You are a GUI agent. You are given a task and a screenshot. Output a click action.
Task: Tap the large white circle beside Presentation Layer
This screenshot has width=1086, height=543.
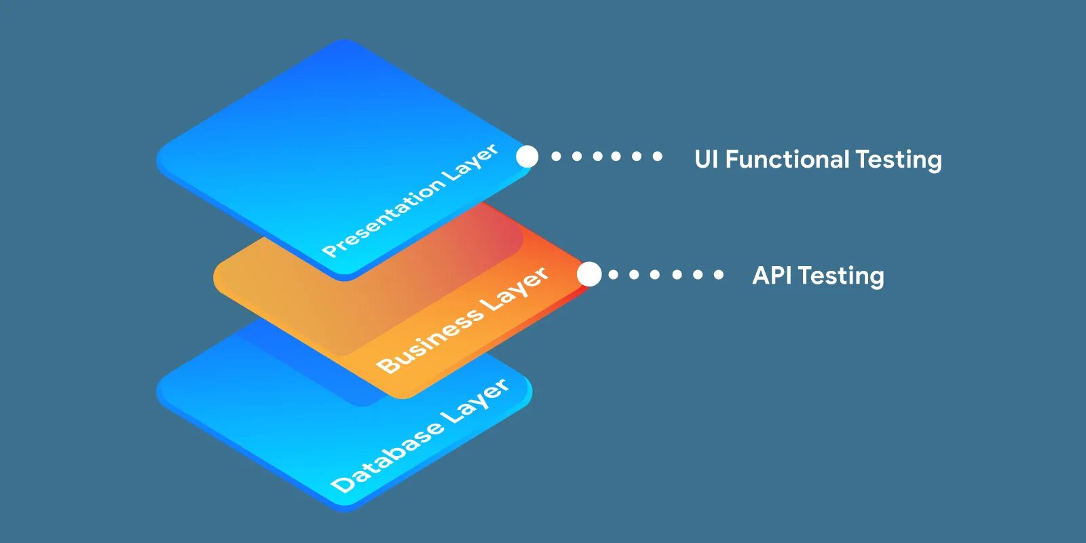[x=527, y=157]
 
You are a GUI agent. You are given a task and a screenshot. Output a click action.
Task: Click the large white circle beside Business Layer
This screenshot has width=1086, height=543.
[x=589, y=274]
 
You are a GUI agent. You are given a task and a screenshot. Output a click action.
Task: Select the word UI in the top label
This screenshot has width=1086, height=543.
[x=706, y=160]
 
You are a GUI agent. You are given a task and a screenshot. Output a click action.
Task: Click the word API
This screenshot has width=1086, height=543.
[x=772, y=276]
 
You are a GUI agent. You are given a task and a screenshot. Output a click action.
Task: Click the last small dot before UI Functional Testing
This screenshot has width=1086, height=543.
[x=657, y=156]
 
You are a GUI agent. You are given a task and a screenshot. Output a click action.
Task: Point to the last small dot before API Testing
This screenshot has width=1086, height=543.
[x=718, y=274]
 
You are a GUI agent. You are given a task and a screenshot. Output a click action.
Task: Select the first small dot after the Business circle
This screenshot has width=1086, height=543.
[x=614, y=274]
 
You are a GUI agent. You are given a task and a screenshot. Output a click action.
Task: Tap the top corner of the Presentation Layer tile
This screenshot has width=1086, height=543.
[x=345, y=42]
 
